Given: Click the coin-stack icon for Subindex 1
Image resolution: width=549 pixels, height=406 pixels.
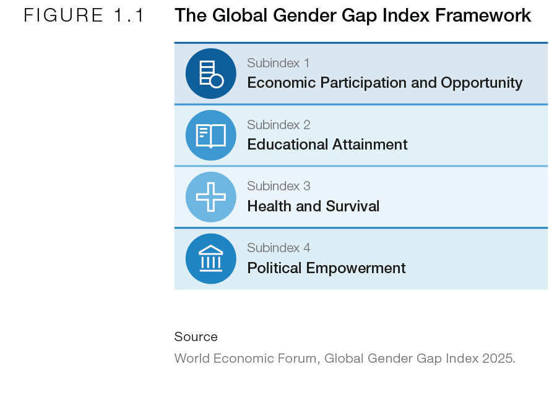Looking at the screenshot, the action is click(x=211, y=74).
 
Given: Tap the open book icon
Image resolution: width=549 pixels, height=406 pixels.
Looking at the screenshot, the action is click(x=211, y=135).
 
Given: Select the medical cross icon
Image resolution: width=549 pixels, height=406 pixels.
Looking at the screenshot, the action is click(x=211, y=197).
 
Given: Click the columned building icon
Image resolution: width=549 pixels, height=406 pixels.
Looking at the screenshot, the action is click(x=211, y=259).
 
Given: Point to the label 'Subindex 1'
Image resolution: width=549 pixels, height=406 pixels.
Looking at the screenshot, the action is click(x=279, y=63).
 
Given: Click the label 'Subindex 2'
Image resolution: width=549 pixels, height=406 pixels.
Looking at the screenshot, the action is click(x=279, y=125).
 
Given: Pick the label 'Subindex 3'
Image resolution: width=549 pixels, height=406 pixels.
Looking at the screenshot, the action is click(x=279, y=186).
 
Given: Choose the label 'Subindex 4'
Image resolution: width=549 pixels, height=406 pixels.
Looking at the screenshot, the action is click(x=279, y=248).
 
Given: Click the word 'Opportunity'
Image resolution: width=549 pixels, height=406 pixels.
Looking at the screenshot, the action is click(x=482, y=83).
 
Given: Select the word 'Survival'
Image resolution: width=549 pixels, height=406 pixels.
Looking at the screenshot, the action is click(x=353, y=206).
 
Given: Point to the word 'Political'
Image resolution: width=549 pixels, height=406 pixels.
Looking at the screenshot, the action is click(x=275, y=268).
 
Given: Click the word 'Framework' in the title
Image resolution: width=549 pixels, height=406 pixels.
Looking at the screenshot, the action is click(x=483, y=15).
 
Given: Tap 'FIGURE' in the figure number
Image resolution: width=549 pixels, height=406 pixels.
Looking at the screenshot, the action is click(x=63, y=15).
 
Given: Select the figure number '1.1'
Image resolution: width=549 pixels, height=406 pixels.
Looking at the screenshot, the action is click(x=129, y=15).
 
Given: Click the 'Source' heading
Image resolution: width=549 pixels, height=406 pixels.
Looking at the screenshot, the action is click(x=196, y=337).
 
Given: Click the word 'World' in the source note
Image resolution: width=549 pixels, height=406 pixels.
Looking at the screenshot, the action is click(x=192, y=358).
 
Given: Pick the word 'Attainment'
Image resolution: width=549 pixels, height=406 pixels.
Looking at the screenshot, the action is click(x=370, y=145).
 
